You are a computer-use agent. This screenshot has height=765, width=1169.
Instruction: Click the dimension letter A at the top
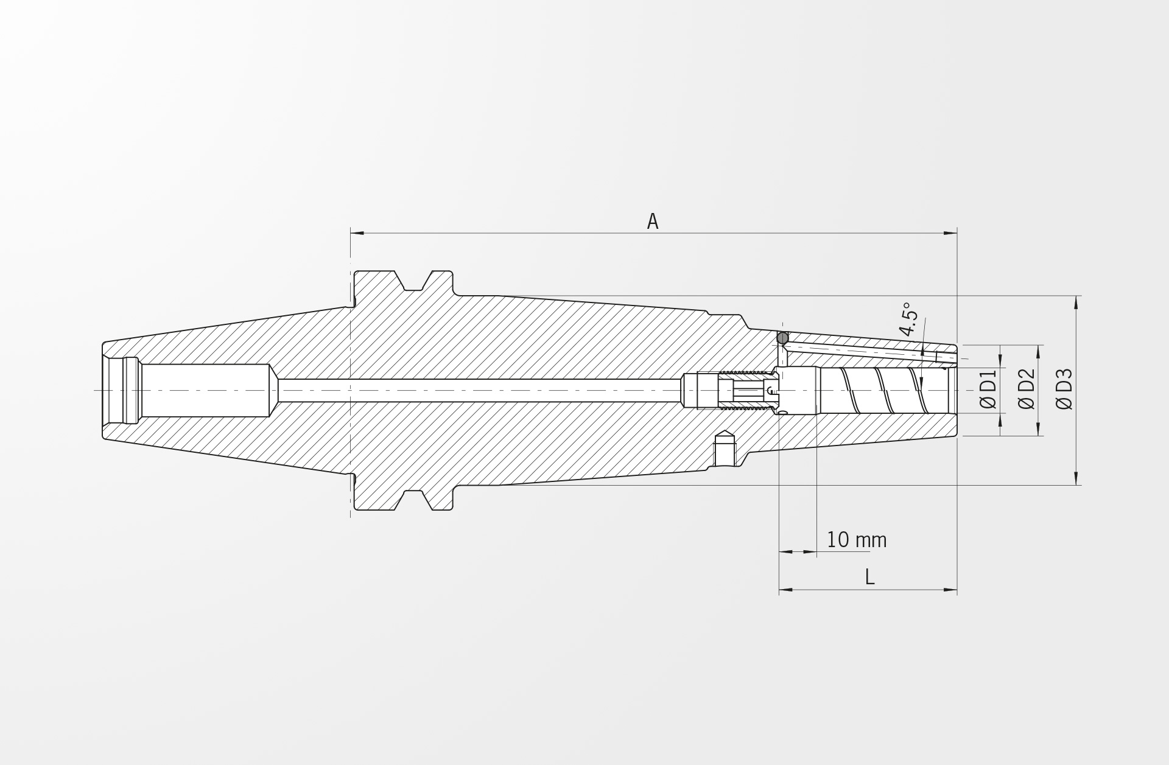(x=653, y=222)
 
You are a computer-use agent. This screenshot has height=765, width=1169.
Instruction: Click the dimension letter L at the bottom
(x=869, y=577)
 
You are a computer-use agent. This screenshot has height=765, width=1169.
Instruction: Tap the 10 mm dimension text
(x=857, y=540)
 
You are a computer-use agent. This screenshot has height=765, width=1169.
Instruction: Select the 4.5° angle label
(x=909, y=319)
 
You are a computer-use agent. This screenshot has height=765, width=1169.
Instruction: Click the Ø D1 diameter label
(x=988, y=389)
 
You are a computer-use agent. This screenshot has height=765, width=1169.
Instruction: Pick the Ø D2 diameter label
(x=1027, y=389)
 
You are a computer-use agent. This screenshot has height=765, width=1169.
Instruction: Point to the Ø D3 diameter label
(x=1064, y=389)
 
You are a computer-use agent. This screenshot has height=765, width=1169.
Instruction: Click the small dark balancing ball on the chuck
(x=782, y=337)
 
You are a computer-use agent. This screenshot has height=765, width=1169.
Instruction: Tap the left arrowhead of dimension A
(x=357, y=232)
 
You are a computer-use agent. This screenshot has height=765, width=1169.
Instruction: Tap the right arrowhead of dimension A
(x=950, y=232)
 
